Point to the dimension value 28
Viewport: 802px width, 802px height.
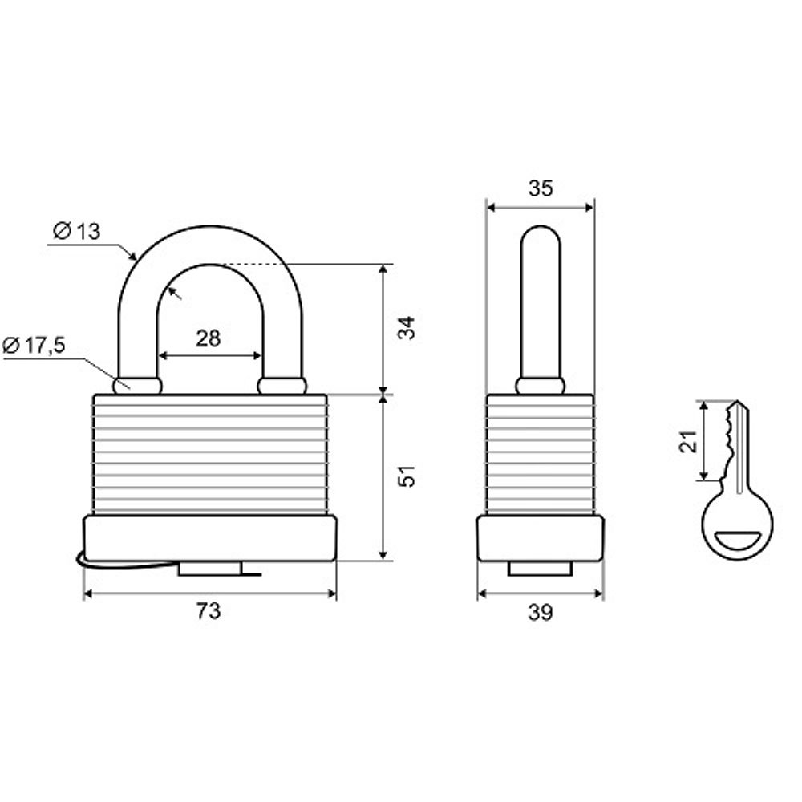[x=208, y=338]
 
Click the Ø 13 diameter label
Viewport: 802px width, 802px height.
[x=77, y=232]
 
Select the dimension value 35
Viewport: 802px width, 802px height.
[x=541, y=188]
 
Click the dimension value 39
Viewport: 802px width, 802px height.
[x=541, y=614]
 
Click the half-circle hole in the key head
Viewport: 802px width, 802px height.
[x=736, y=541]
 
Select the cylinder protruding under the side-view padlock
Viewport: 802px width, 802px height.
[x=540, y=568]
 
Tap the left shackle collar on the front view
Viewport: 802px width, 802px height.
[x=137, y=386]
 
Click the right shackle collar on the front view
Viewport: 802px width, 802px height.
[x=282, y=386]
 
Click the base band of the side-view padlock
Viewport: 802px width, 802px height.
[x=540, y=537]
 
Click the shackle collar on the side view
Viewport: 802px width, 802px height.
[x=540, y=386]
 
